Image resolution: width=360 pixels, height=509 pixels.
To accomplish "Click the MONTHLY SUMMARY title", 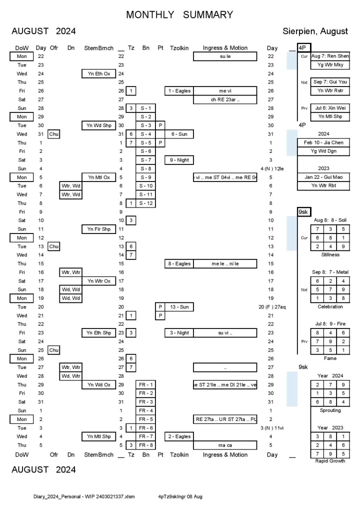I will (179, 14).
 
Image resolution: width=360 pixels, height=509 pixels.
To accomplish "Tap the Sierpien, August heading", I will (315, 31).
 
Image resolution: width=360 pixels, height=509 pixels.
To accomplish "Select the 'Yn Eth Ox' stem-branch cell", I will (99, 73).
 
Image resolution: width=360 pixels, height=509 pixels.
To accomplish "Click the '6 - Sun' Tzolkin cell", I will (179, 134).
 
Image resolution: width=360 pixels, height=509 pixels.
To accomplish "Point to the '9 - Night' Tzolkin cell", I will (179, 160).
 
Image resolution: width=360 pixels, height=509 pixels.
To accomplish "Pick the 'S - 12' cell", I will (146, 203).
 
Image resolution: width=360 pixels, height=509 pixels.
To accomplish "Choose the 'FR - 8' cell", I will (146, 445).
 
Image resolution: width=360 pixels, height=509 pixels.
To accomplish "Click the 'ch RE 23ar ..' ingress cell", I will (225, 99).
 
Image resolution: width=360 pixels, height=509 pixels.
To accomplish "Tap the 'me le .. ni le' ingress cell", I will (225, 263).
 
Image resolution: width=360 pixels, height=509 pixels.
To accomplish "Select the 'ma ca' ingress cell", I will (225, 445).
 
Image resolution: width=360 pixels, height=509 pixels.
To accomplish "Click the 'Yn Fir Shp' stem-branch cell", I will (99, 229).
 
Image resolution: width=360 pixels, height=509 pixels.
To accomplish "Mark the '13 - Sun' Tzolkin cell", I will (179, 306).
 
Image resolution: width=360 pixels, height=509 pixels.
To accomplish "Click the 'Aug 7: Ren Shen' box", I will (330, 56).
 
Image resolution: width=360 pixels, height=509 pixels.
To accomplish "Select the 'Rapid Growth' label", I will (330, 461).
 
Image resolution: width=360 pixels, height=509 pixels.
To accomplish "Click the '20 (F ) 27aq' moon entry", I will (272, 306).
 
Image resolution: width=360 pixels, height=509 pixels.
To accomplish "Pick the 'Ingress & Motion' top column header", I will (225, 48).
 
